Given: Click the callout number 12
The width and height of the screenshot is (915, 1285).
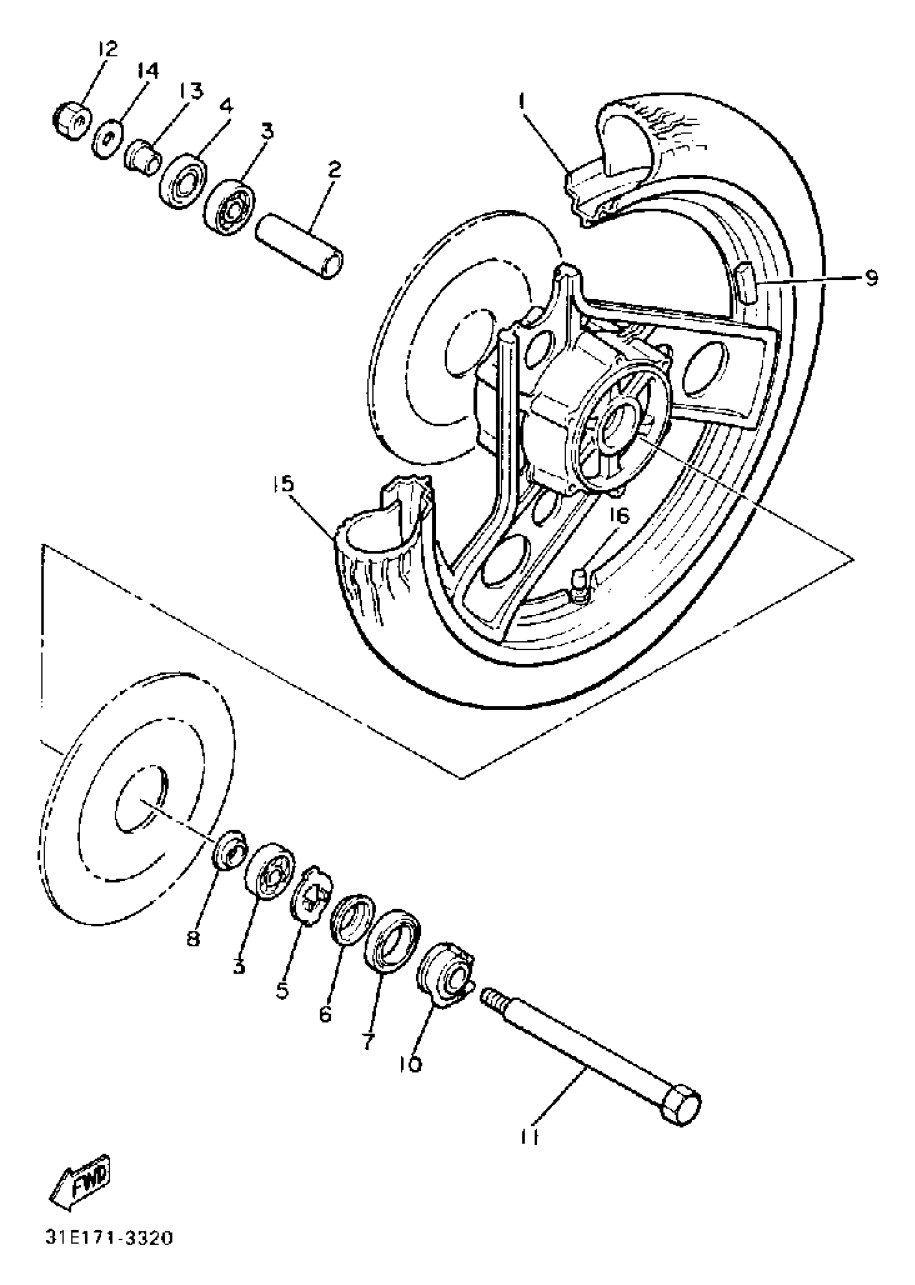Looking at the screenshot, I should [107, 49].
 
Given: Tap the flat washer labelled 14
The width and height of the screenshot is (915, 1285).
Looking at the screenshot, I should [107, 139].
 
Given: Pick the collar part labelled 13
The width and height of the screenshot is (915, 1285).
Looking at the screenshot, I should [141, 157].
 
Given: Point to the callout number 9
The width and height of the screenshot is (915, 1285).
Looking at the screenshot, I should [871, 278].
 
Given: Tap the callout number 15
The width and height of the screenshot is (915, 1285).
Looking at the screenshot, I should [285, 484].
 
